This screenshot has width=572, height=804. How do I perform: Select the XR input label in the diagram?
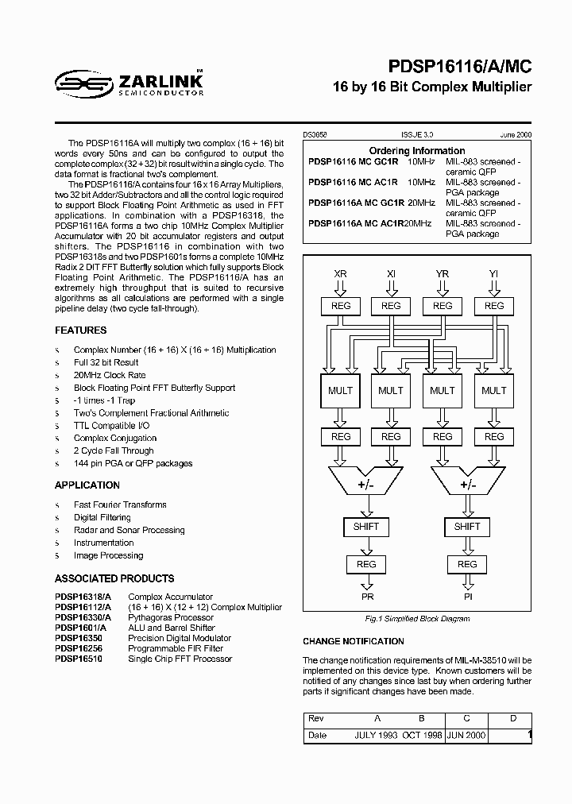(340, 274)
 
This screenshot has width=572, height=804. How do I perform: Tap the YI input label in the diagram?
(493, 274)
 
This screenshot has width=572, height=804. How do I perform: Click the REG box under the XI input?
(391, 306)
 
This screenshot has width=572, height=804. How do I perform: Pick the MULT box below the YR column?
(443, 390)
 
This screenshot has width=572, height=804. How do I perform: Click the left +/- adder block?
(365, 484)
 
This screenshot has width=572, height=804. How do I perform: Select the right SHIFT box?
(467, 526)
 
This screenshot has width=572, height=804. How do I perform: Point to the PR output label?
(366, 596)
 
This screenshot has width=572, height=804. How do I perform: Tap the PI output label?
(467, 596)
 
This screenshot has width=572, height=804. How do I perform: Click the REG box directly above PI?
(467, 564)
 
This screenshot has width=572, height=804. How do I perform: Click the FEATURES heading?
(80, 330)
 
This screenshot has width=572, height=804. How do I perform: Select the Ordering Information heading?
(417, 151)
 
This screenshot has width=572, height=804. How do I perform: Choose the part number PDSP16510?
(79, 659)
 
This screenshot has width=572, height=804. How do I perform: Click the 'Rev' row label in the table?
(315, 718)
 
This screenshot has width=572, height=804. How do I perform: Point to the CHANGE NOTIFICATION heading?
(354, 641)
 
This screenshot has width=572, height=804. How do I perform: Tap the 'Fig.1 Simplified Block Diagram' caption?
(417, 619)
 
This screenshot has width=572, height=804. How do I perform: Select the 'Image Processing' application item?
(108, 555)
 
